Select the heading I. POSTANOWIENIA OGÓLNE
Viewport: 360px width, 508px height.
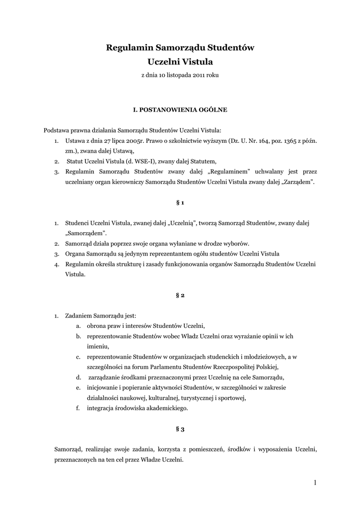[x=180, y=108]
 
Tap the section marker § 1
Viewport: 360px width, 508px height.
[x=180, y=203]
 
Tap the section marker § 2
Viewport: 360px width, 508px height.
[x=180, y=295]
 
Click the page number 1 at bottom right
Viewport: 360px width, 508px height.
[x=315, y=482]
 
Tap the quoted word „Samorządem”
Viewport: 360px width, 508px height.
[x=86, y=233]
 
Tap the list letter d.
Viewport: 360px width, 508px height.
[x=78, y=377]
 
